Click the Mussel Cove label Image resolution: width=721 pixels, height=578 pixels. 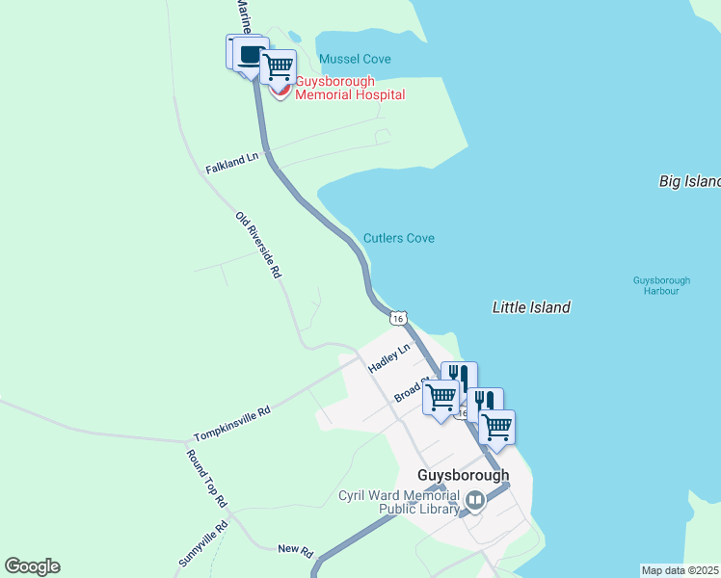click(355, 59)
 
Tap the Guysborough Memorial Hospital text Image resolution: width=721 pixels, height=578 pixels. click(349, 88)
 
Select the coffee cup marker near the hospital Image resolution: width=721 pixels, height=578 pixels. click(249, 53)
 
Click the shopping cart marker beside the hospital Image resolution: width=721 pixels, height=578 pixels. click(279, 66)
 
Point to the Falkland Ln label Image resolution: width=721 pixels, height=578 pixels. click(231, 163)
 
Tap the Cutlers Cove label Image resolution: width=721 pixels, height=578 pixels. click(398, 238)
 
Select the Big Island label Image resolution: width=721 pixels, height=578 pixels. click(689, 181)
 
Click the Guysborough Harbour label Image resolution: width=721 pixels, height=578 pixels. click(655, 285)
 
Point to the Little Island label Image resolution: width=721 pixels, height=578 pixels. click(531, 307)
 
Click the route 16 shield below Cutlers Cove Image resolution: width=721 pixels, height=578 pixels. click(398, 317)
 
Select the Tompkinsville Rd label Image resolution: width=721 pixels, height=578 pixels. click(231, 422)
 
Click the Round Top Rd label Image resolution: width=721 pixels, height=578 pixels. click(206, 479)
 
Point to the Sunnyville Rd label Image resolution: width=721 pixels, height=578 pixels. click(202, 544)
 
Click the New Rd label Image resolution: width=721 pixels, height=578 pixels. click(295, 550)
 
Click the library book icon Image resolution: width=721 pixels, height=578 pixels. click(475, 501)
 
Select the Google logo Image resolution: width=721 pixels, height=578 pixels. click(32, 566)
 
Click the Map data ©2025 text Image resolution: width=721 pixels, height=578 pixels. click(681, 570)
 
